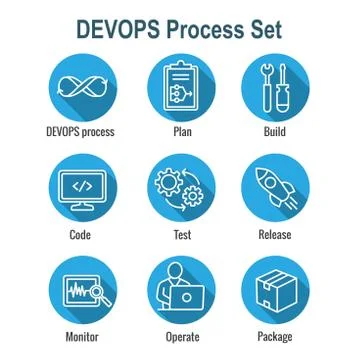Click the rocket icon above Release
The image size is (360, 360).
[281, 188]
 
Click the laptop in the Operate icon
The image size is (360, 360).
[186, 299]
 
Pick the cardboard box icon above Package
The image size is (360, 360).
[280, 290]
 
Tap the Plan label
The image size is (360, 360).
[180, 131]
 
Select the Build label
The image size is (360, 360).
[281, 131]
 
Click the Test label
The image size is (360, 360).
[181, 235]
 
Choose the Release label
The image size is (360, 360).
[281, 235]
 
